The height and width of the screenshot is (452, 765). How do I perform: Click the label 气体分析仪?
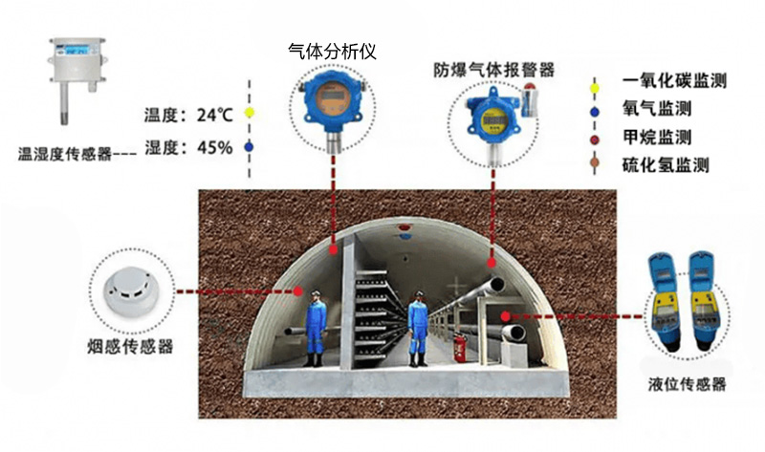[332, 51]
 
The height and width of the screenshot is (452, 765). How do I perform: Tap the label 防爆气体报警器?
[493, 70]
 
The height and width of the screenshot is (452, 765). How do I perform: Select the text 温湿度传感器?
[65, 152]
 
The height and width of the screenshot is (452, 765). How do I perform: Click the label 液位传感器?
[687, 385]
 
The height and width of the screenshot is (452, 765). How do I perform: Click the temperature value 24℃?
[214, 115]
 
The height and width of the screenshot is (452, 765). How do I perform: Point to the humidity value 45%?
[214, 147]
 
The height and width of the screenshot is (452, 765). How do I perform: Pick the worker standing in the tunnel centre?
[418, 330]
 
